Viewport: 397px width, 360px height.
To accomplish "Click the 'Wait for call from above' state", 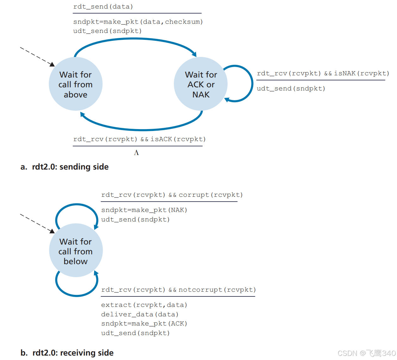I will click(76, 84).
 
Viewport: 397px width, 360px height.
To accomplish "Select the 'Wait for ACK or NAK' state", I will click(201, 84).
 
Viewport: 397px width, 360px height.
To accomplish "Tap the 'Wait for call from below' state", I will click(76, 251).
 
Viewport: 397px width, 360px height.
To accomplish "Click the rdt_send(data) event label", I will click(103, 7).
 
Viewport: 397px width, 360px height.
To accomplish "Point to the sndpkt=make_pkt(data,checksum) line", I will click(138, 22).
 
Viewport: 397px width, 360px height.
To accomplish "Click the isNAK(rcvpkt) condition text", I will click(362, 73).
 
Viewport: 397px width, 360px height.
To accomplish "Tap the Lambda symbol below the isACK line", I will click(136, 153).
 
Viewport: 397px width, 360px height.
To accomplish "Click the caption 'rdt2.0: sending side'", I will click(70, 167).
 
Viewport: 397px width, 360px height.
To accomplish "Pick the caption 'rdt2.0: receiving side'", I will click(73, 353).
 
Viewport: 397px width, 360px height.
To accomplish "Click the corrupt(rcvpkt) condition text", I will click(211, 195).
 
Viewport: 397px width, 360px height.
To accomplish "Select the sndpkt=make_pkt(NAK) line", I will click(144, 210).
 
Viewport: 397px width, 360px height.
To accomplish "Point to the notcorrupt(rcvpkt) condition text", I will click(217, 290).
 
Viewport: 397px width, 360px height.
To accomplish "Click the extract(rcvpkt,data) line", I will click(144, 305).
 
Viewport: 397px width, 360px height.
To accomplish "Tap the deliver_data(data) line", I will click(140, 314).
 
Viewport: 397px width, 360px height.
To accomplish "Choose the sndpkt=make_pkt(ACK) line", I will click(144, 324).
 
